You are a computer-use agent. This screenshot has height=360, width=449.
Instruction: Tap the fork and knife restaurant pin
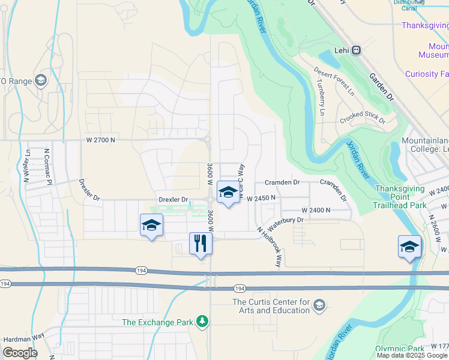pos(200,244)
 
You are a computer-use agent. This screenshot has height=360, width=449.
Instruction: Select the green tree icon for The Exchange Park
pos(203,322)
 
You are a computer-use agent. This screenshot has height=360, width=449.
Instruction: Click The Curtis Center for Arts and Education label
pos(271,306)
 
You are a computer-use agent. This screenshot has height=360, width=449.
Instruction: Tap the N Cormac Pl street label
pos(46,163)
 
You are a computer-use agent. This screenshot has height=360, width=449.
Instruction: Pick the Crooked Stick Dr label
pos(362,116)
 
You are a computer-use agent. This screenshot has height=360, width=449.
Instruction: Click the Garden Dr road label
pos(382,88)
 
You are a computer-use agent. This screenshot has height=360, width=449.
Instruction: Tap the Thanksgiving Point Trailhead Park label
pos(409,197)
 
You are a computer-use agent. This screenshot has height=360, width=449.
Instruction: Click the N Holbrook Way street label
pos(270,247)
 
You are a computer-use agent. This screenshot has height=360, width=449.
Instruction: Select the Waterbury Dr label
pos(286,223)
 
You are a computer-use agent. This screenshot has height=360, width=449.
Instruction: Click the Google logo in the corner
pos(20,353)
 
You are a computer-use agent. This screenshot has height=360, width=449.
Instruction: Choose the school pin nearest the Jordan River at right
pos(409,247)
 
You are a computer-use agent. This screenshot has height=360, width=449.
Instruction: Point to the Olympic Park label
pos(400,349)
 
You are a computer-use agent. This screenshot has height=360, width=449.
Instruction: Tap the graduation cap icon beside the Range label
pos(41,80)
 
